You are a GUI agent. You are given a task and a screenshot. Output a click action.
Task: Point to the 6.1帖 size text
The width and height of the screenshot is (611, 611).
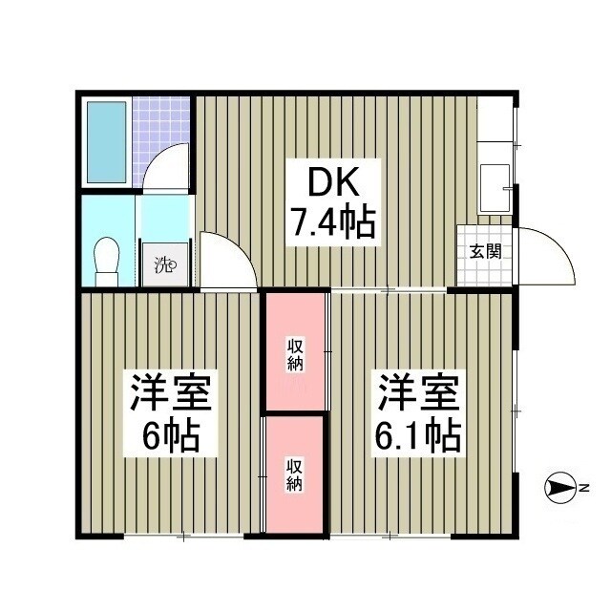click(421, 435)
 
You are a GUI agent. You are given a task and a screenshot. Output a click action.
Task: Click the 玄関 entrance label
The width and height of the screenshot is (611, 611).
click(486, 253)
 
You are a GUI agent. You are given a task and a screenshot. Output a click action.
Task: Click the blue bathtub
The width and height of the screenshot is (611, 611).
click(106, 140)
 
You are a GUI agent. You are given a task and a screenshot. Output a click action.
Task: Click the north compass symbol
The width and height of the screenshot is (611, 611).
click(558, 489)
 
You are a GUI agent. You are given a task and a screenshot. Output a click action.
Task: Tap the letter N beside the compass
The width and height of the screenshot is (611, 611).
click(582, 489)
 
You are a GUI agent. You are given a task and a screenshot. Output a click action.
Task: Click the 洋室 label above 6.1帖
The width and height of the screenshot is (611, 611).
click(421, 391)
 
